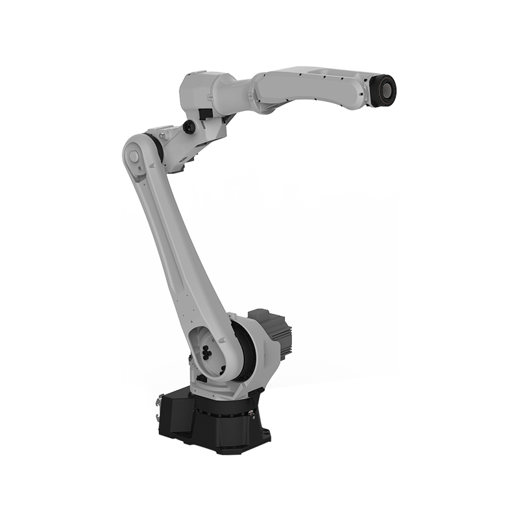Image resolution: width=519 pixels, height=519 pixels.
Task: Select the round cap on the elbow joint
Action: tap(133, 156)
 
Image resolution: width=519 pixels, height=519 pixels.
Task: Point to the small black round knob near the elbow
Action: tap(189, 125)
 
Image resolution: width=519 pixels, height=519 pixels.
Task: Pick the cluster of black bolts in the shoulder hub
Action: tap(207, 350)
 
